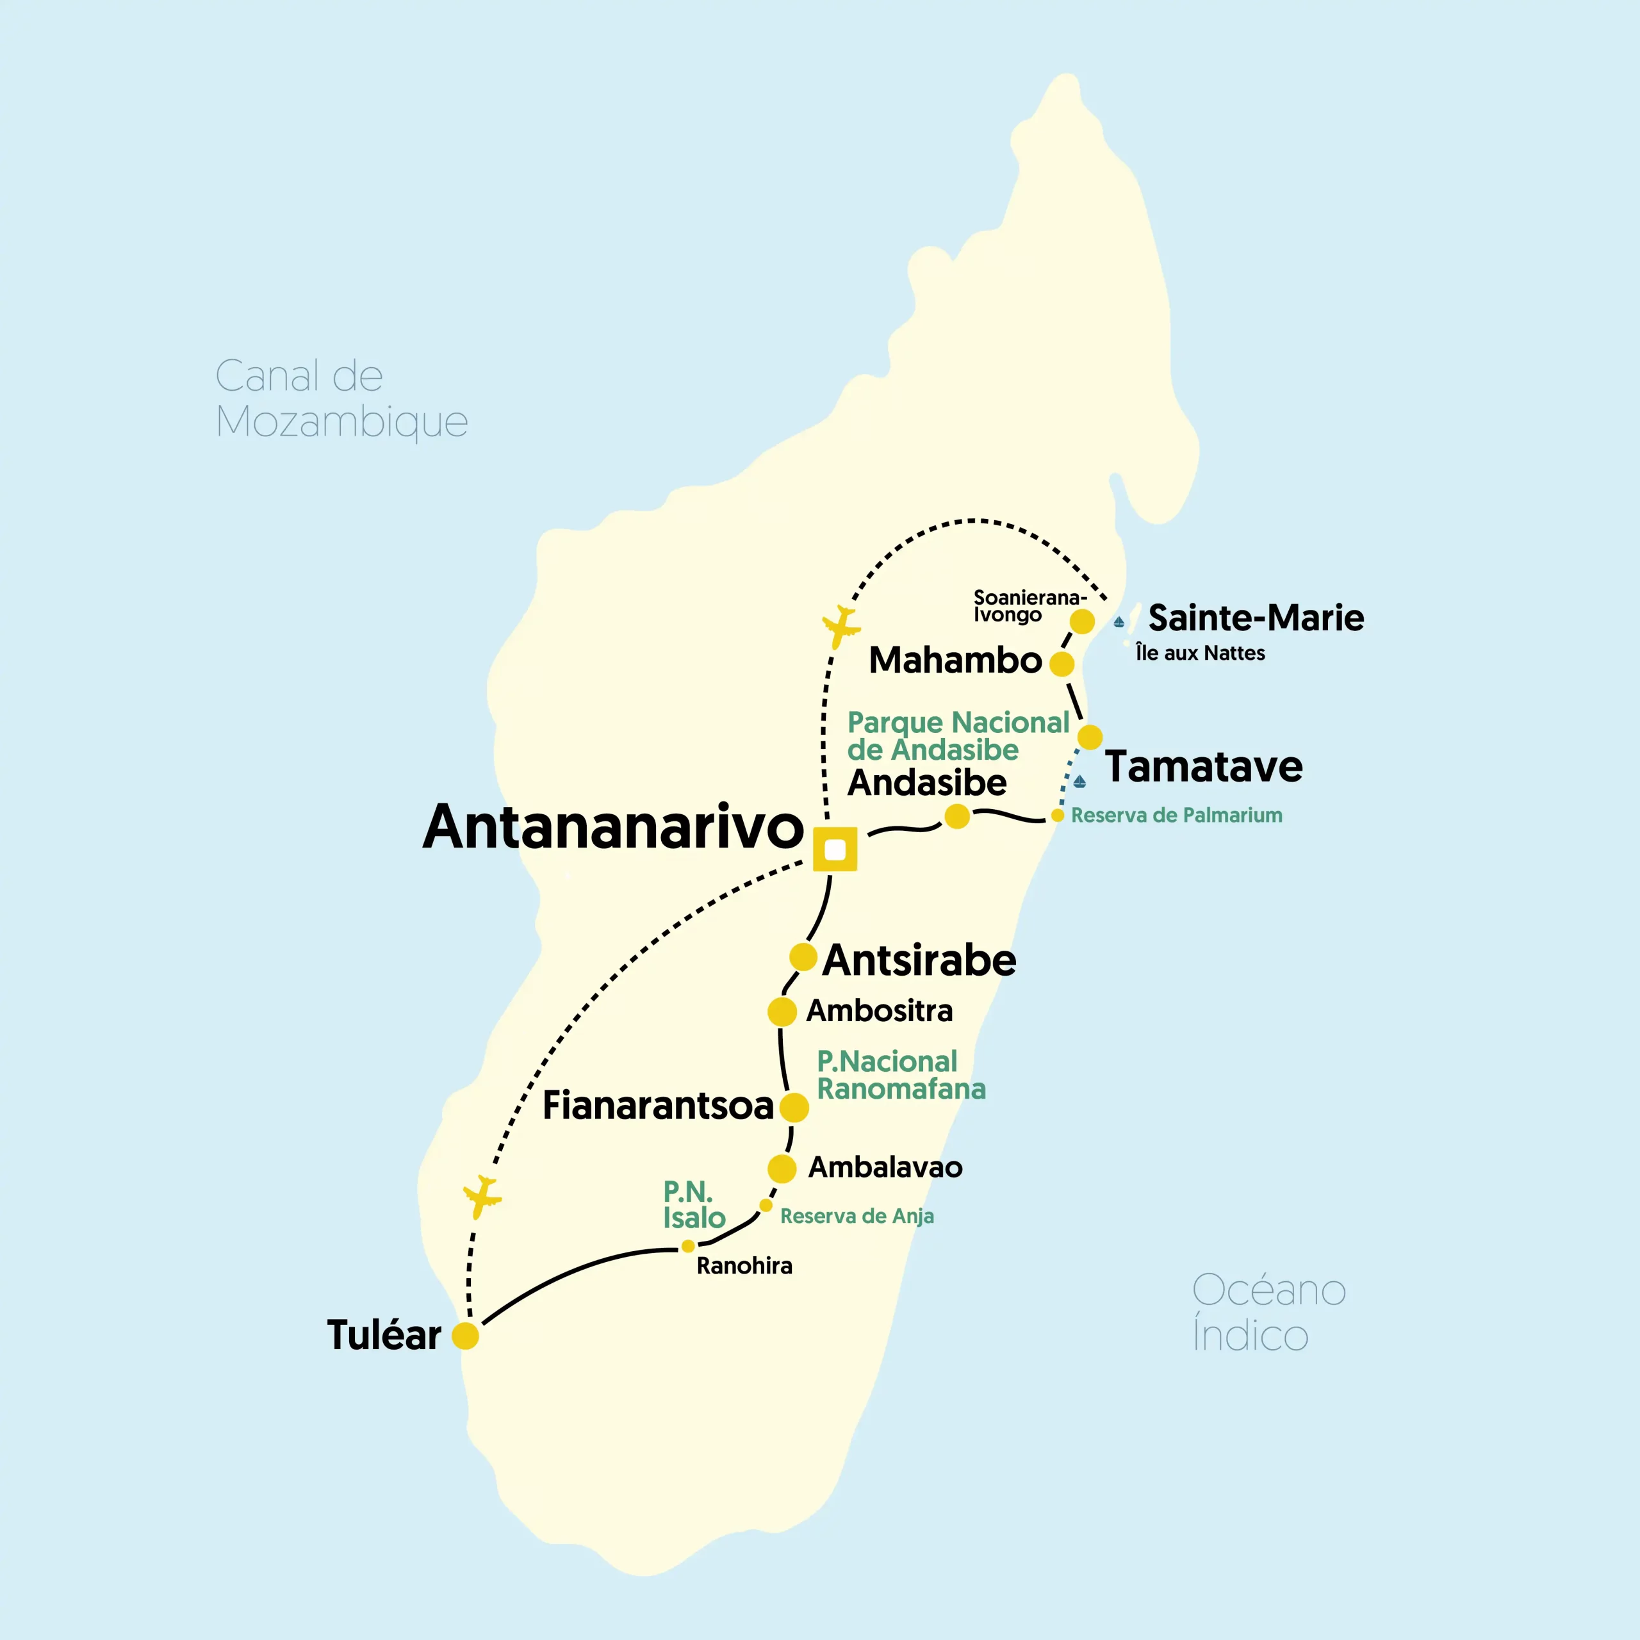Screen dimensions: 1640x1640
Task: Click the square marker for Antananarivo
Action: point(835,849)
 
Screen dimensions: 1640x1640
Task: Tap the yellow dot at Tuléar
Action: point(465,1335)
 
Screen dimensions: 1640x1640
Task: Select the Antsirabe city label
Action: point(919,960)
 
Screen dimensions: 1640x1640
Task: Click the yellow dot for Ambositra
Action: point(782,1011)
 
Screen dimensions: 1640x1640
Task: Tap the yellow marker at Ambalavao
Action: point(782,1168)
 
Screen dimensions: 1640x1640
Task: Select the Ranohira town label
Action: point(744,1266)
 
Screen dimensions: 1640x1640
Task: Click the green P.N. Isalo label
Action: point(694,1204)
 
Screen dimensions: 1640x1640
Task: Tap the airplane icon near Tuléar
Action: point(483,1195)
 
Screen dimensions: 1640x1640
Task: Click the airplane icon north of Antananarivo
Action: point(841,627)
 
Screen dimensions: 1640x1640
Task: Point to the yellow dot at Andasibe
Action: point(956,816)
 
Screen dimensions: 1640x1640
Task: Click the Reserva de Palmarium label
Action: point(1177,815)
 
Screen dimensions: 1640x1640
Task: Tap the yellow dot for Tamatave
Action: point(1090,737)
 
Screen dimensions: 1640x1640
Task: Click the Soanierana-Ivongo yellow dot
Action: point(1081,621)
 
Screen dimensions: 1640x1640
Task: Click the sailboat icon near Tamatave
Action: point(1079,781)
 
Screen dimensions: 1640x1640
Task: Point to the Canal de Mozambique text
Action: point(341,398)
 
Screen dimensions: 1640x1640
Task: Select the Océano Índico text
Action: point(1268,1311)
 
